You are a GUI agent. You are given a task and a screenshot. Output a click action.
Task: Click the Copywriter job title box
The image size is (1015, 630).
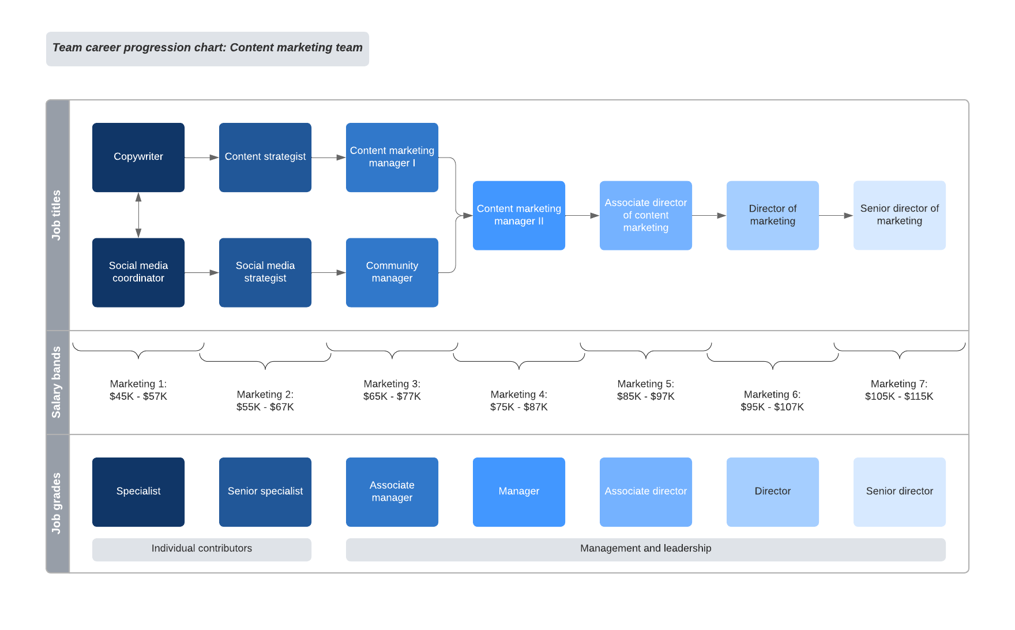[138, 157]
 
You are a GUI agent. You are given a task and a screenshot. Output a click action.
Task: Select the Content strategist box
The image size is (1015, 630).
[265, 157]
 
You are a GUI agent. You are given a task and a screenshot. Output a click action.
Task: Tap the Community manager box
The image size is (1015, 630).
[392, 272]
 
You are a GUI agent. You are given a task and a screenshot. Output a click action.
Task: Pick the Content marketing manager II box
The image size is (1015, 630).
[519, 215]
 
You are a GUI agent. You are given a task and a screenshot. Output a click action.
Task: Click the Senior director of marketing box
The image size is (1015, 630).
[899, 215]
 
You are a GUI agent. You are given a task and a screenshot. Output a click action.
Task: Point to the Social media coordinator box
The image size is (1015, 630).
[138, 272]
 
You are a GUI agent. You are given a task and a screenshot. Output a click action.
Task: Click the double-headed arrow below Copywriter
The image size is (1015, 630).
[138, 215]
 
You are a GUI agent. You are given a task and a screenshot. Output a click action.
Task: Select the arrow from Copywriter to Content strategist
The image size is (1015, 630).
[201, 157]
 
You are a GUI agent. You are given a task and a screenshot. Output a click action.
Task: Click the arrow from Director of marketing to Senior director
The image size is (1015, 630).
[836, 215]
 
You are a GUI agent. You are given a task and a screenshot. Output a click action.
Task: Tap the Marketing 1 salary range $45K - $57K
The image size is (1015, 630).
[138, 396]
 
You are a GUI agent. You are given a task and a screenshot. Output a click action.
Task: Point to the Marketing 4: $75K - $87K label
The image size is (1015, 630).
[519, 401]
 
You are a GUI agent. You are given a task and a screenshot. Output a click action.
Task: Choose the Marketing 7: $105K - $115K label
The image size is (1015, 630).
[899, 390]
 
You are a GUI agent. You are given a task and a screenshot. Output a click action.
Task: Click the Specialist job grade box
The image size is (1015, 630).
[138, 492]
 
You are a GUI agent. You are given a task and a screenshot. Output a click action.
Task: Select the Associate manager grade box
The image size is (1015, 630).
[392, 492]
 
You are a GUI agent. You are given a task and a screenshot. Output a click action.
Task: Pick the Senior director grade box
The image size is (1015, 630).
[899, 492]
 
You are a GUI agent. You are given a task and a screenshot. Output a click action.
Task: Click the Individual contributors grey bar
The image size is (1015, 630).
[202, 549]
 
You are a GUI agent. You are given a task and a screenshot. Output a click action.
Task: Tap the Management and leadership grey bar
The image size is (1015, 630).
[645, 549]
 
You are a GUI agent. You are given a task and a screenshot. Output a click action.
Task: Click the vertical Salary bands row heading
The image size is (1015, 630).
[57, 382]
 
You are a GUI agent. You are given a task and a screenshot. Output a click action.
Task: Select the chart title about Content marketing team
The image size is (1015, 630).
[208, 48]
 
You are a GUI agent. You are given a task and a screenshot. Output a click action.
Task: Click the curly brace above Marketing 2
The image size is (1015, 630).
[265, 361]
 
